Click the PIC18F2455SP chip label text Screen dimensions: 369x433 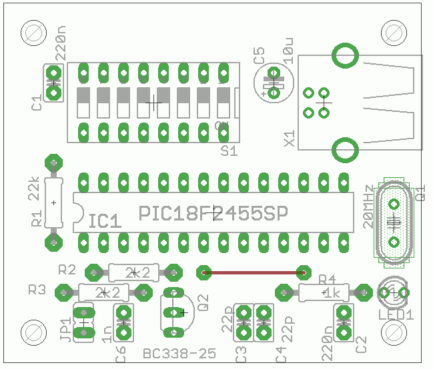coord(213,214)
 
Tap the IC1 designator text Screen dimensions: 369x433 coord(105,220)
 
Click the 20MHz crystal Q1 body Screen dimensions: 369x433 coord(394,220)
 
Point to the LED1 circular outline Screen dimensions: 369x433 coord(394,292)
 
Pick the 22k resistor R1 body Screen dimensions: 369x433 coord(53,202)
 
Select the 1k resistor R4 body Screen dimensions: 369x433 coord(324,292)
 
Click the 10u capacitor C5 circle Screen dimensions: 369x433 coord(274,85)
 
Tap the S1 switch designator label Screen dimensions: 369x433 coord(229,151)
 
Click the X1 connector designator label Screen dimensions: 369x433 coord(290,139)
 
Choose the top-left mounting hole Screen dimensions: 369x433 coord(33,31)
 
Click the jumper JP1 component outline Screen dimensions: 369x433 coord(83,321)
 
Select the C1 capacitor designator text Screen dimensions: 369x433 coord(37,103)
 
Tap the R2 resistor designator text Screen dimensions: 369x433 coord(67,270)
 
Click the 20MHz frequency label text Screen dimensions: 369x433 coord(368,206)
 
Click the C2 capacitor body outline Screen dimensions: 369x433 coord(344,322)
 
